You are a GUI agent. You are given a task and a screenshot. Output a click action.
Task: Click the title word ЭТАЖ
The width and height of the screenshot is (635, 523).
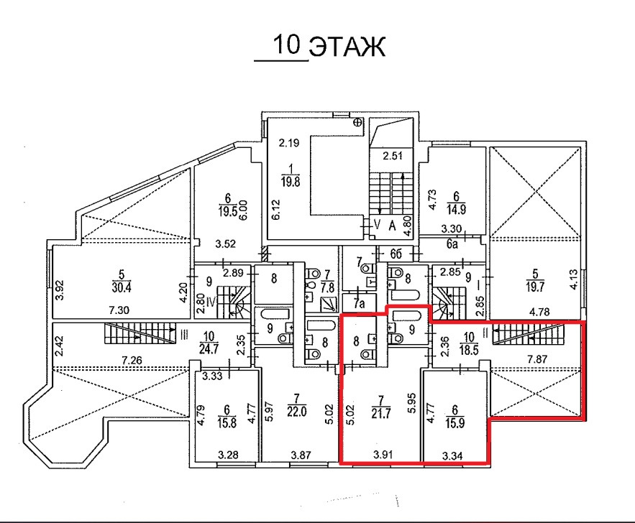347,47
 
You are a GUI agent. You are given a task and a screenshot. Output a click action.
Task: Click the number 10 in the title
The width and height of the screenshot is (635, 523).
287,45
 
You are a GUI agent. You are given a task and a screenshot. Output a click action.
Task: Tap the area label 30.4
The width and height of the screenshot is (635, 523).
122,288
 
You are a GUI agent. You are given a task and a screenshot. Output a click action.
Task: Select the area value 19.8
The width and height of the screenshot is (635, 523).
291,181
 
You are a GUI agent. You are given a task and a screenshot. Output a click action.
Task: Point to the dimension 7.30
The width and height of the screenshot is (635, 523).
119,310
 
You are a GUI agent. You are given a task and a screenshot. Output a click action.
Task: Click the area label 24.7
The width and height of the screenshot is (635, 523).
209,348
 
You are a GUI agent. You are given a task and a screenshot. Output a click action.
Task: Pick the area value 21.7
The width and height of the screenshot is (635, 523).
380,415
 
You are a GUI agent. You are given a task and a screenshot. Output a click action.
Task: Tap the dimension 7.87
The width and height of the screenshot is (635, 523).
537,358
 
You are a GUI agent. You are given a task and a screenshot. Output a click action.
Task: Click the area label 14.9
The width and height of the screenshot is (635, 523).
456,210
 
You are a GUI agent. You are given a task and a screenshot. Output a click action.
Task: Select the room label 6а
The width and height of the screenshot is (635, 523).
452,244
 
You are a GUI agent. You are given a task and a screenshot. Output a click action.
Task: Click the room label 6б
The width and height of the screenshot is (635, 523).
396,254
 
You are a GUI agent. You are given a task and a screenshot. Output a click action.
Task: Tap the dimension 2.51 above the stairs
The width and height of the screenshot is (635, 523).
393,156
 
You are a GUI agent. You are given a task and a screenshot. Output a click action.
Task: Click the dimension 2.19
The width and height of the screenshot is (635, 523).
289,143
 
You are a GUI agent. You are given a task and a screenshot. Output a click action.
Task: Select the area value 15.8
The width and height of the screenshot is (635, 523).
227,423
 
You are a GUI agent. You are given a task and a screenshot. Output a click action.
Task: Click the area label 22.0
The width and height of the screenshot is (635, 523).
297,412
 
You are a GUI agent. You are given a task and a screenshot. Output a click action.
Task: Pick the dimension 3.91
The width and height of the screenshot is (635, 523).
383,455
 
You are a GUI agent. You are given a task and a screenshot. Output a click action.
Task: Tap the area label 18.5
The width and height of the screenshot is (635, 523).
469,349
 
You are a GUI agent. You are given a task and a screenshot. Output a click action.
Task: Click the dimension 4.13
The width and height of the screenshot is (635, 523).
574,279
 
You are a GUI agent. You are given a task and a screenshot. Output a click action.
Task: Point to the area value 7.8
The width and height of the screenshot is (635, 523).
328,287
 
